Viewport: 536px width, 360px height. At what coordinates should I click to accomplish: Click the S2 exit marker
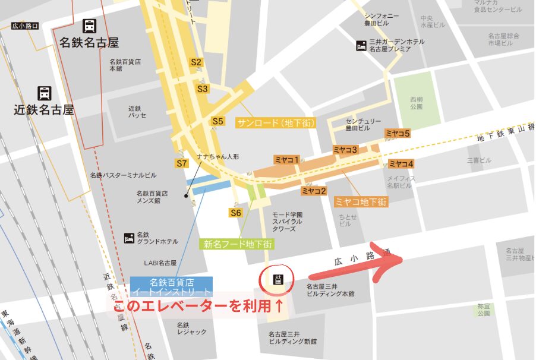(x=196, y=62)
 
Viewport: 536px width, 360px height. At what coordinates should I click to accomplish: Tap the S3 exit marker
(x=203, y=89)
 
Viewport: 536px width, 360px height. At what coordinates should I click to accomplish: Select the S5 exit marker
(x=218, y=121)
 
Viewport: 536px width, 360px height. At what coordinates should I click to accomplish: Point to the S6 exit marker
(x=236, y=213)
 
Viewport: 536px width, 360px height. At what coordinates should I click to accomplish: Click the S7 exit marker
(x=182, y=163)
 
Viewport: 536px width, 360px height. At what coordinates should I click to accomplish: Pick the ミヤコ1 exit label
(x=286, y=159)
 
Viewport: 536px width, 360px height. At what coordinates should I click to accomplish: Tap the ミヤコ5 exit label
(x=398, y=134)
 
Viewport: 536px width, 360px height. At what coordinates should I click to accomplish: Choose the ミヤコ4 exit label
(x=401, y=164)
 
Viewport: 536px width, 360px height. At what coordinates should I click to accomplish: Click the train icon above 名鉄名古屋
(x=90, y=26)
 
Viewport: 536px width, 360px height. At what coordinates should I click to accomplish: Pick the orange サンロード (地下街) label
(x=276, y=123)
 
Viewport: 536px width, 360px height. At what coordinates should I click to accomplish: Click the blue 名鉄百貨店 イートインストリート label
(x=171, y=287)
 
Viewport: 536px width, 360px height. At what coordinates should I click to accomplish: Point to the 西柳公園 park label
(x=416, y=103)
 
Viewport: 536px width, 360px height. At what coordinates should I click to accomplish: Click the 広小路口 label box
(x=26, y=26)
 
